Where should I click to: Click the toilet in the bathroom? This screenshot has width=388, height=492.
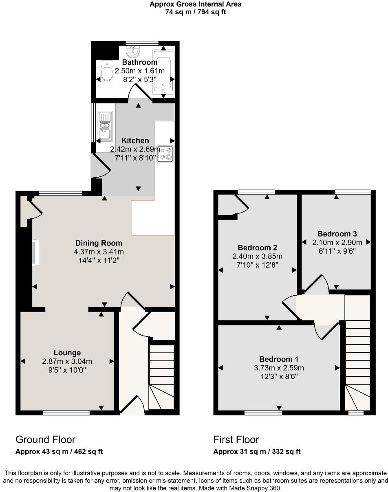tap(107, 72)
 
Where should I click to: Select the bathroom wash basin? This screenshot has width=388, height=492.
tap(133, 51)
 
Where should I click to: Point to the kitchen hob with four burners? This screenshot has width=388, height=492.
tap(165, 154)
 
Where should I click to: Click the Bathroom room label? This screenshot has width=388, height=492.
tap(140, 62)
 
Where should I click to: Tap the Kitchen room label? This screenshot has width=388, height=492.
tap(135, 141)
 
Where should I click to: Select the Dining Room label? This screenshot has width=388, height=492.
tap(99, 243)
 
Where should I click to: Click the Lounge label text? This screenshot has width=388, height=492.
tap(67, 353)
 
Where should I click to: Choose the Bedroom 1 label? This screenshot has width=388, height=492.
tap(279, 359)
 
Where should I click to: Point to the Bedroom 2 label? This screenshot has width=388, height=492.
tap(258, 248)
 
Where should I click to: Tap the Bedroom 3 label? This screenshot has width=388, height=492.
tap(337, 234)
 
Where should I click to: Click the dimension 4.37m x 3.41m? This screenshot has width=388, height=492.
tap(99, 252)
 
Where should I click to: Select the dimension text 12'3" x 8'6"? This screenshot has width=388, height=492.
tap(279, 376)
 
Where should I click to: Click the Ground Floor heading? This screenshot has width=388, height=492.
tap(45, 439)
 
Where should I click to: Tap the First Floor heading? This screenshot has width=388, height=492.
tap(236, 439)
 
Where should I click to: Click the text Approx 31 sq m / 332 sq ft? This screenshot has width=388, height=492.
tap(257, 451)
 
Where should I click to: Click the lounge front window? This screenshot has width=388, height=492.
tap(66, 413)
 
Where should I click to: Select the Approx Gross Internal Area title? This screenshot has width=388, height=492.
tap(195, 4)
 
